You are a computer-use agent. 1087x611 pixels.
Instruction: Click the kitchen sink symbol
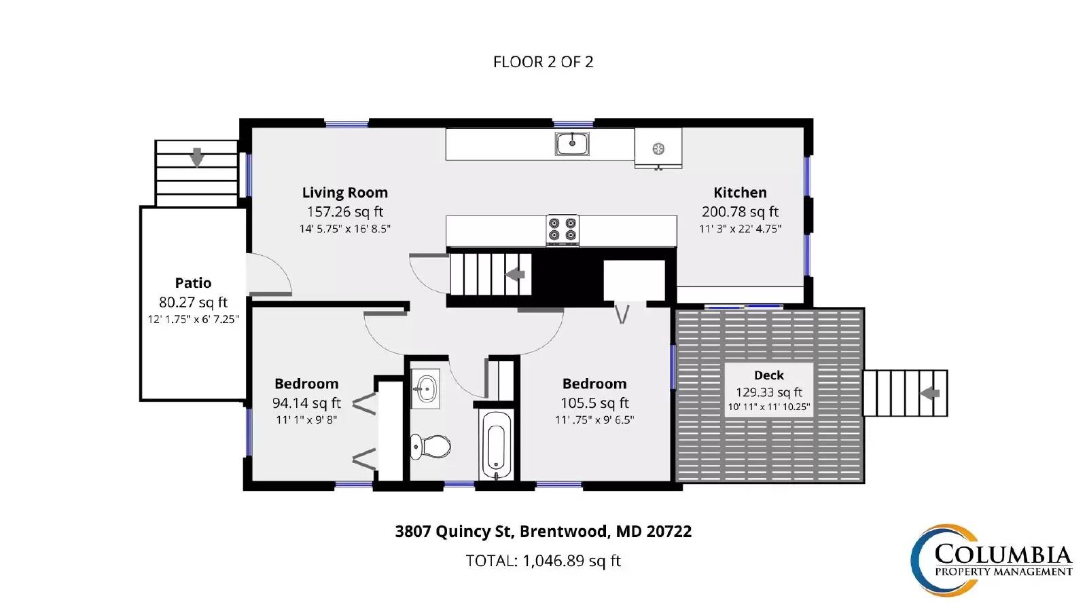coord(572,144)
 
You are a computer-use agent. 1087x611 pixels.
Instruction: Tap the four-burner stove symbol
coord(563,229)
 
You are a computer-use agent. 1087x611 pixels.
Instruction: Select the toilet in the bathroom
coord(431,446)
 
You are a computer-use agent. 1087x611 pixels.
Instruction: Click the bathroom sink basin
coord(426,388)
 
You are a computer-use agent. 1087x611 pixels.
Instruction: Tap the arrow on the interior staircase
coord(516,274)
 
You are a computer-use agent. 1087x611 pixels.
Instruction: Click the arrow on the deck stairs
coord(930,393)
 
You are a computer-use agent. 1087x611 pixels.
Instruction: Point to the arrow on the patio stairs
coord(196,157)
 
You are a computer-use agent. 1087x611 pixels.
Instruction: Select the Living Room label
coord(345,193)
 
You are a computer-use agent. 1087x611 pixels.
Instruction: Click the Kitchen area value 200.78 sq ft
coord(740,212)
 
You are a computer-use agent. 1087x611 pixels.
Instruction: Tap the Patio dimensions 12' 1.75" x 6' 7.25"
coord(194,320)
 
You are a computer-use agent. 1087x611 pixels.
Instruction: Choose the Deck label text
coord(769,375)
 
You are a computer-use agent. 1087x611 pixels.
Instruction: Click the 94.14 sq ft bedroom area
coord(306,403)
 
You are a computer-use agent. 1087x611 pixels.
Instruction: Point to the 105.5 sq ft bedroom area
coord(594,403)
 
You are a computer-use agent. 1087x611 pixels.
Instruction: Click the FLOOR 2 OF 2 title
coord(543,62)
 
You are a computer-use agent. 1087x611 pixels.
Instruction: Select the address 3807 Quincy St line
coord(543,532)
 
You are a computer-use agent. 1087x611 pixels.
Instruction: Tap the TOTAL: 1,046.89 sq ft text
coord(543,561)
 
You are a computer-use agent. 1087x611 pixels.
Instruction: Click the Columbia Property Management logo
coord(991,560)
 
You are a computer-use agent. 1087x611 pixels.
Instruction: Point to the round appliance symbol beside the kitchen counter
coord(658,149)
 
